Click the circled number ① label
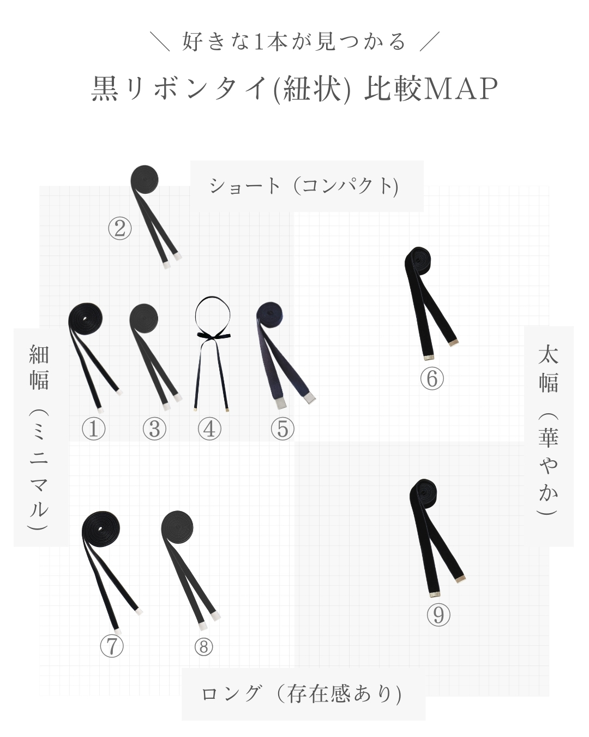point(93,429)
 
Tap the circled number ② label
point(120,228)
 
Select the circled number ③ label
point(154,429)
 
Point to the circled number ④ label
point(209,429)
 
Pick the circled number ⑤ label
point(282,429)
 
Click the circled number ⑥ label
point(432,378)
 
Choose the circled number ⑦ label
point(112,646)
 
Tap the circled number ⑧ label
point(203,647)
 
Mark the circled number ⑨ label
point(438,615)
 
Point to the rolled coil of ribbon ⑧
point(177,526)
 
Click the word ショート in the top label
point(244,186)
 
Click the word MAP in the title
point(461,88)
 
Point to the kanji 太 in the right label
point(548,354)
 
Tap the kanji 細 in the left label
point(39,355)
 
